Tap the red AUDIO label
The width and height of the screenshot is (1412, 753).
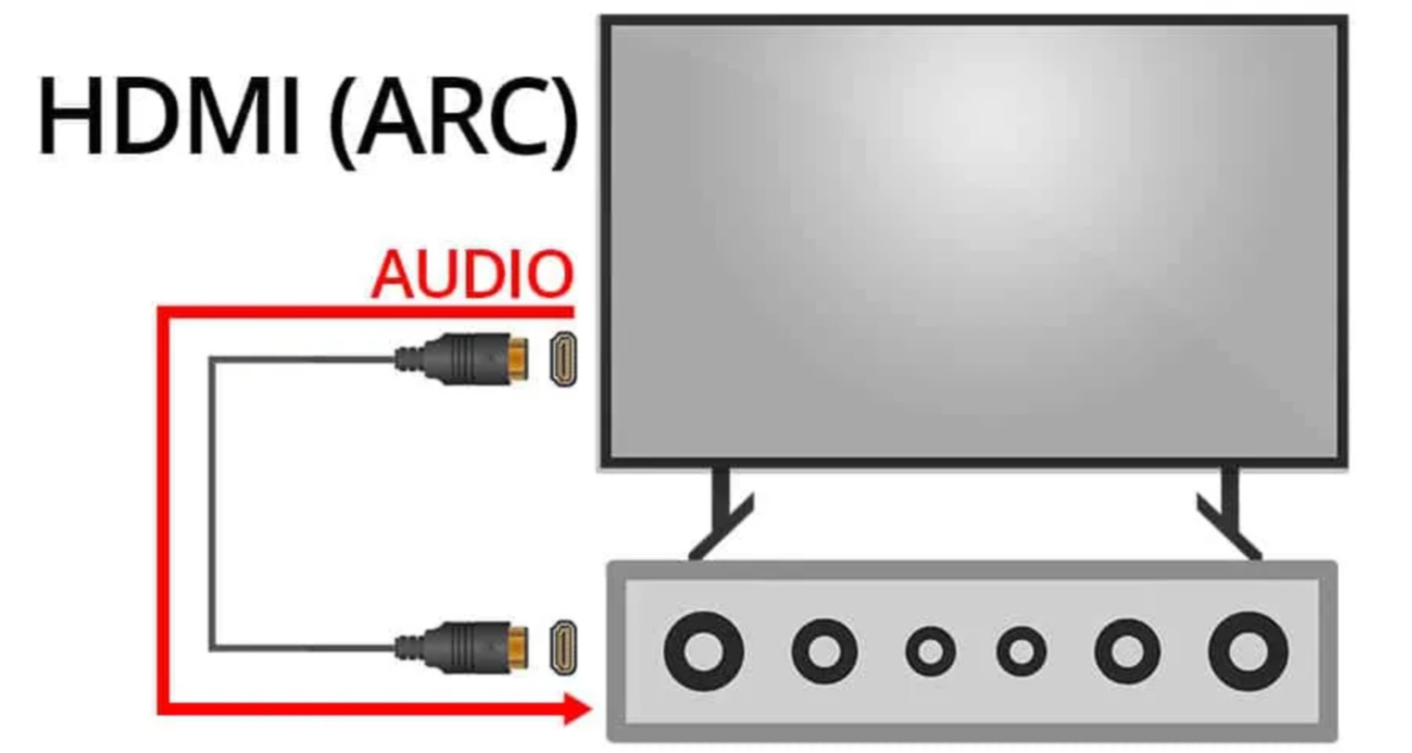click(x=472, y=275)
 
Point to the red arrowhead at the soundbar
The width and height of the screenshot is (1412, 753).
click(x=577, y=709)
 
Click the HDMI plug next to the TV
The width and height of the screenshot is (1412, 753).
click(x=463, y=358)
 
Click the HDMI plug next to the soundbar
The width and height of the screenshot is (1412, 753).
click(x=463, y=647)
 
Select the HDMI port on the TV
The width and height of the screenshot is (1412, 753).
click(x=564, y=358)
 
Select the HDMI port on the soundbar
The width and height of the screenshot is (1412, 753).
click(x=564, y=647)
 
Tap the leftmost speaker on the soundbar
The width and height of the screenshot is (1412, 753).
click(x=704, y=651)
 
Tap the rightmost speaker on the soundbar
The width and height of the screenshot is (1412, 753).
click(x=1248, y=651)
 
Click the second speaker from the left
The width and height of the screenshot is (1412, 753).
click(x=824, y=651)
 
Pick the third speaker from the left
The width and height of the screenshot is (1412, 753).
click(x=930, y=652)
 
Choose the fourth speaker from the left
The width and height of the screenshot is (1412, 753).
click(x=1021, y=652)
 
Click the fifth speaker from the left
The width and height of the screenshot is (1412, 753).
click(x=1127, y=651)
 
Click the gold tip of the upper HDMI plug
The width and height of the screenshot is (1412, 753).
click(x=519, y=358)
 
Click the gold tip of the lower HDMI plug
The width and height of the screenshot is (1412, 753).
click(x=519, y=647)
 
